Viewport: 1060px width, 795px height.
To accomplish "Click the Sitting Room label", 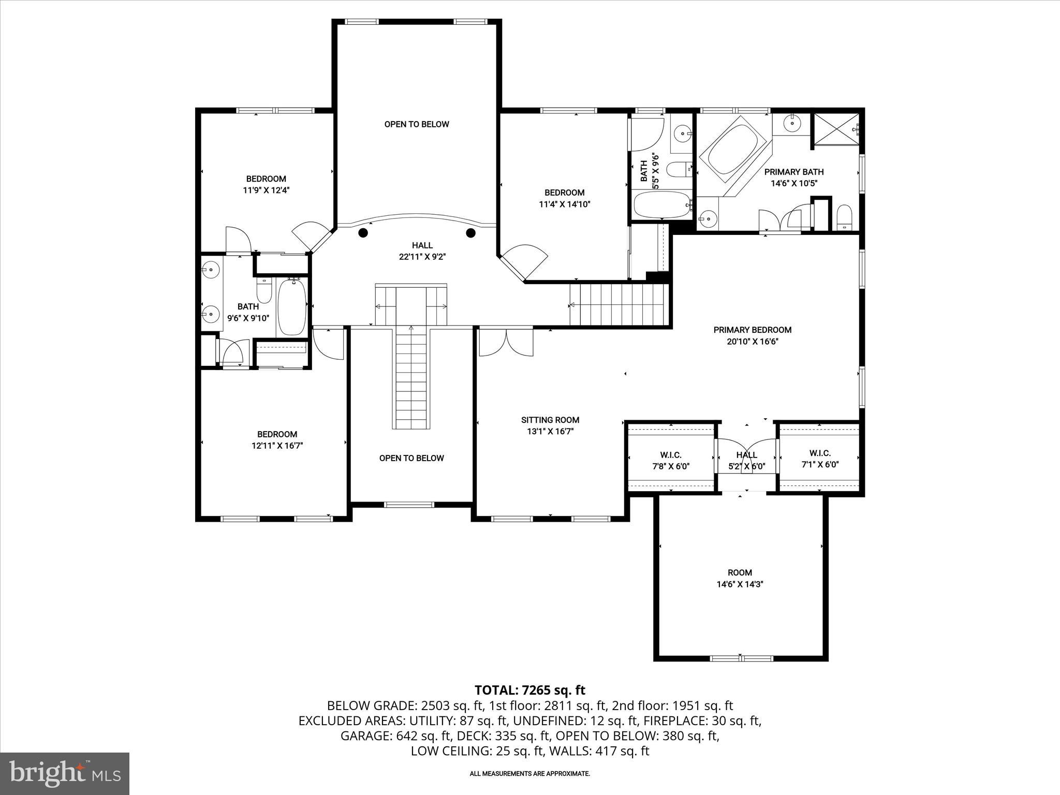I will click(x=550, y=420).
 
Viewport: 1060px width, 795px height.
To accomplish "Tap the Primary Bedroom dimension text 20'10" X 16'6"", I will click(x=752, y=342).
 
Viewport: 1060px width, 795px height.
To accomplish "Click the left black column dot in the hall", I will click(x=363, y=233).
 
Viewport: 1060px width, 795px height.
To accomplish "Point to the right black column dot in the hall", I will click(x=470, y=233).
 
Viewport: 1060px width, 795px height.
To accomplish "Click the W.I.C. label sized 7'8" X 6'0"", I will click(x=670, y=455).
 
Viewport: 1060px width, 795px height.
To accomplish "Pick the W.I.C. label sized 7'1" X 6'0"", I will click(x=820, y=453).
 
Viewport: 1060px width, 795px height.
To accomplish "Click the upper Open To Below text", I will click(x=416, y=124).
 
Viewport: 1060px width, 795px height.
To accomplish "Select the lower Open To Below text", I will click(x=411, y=458).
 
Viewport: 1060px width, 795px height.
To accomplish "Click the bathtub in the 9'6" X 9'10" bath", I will click(x=292, y=307).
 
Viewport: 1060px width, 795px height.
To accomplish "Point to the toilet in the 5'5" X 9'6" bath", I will click(x=679, y=169).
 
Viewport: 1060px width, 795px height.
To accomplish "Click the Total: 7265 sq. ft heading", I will click(x=529, y=690).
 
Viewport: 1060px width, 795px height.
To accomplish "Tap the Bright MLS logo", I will click(x=65, y=773).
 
